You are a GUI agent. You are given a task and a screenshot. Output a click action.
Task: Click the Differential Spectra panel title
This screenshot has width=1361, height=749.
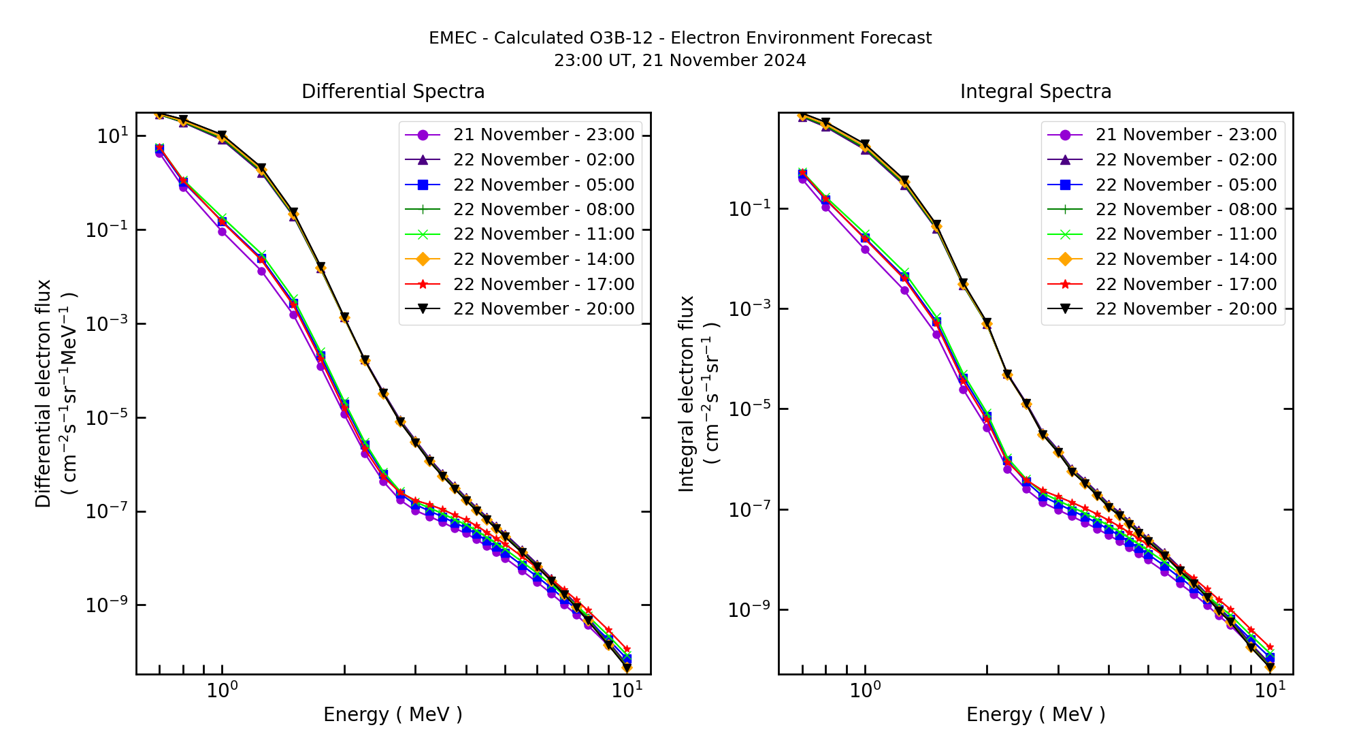[x=393, y=92]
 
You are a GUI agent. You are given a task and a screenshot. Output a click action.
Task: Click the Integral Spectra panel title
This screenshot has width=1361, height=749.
[x=1036, y=92]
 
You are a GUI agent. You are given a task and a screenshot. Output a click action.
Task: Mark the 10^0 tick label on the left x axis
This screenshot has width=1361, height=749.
[x=222, y=690]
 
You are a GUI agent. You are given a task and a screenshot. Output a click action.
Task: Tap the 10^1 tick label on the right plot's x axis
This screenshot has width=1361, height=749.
[x=1269, y=690]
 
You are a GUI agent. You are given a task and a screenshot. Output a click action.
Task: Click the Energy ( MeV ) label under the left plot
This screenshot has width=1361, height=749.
[x=393, y=715]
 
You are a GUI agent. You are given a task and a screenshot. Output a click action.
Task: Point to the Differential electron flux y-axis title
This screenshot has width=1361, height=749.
[x=44, y=394]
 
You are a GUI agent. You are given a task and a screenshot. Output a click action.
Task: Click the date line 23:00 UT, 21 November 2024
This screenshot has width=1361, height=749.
[x=680, y=61]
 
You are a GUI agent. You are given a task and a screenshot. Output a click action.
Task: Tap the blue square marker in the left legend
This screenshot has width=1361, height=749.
[x=423, y=185]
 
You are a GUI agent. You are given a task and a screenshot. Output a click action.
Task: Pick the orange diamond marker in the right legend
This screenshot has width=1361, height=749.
[x=1065, y=259]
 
